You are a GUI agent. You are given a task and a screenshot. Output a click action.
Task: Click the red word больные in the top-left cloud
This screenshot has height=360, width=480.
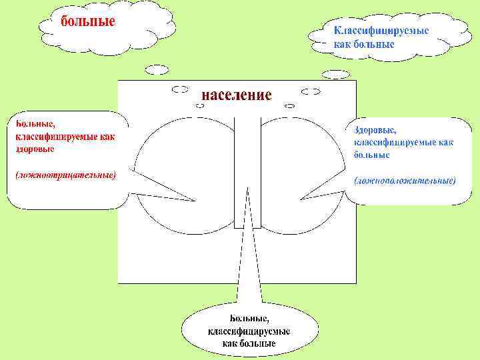88,21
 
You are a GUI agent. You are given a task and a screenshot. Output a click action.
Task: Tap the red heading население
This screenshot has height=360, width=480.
237,95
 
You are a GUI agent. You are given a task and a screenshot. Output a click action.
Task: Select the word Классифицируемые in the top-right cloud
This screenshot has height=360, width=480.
381,31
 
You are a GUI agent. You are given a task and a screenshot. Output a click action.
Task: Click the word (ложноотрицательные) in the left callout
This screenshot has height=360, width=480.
65,175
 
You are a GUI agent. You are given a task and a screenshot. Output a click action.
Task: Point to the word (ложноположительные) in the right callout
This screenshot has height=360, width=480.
405,180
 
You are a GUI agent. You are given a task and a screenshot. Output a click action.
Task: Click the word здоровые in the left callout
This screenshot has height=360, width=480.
35,149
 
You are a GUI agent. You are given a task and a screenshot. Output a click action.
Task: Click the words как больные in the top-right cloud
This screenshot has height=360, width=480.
364,44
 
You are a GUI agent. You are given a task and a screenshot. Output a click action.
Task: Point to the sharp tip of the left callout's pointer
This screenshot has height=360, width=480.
195,201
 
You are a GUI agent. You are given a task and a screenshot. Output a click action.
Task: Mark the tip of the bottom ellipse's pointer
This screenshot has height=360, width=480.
247,187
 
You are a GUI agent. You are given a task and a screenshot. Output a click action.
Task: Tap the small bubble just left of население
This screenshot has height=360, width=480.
180,89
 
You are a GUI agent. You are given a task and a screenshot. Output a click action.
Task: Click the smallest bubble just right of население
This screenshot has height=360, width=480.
290,105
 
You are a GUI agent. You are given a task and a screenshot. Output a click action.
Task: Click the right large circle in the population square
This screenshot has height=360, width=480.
300,160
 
